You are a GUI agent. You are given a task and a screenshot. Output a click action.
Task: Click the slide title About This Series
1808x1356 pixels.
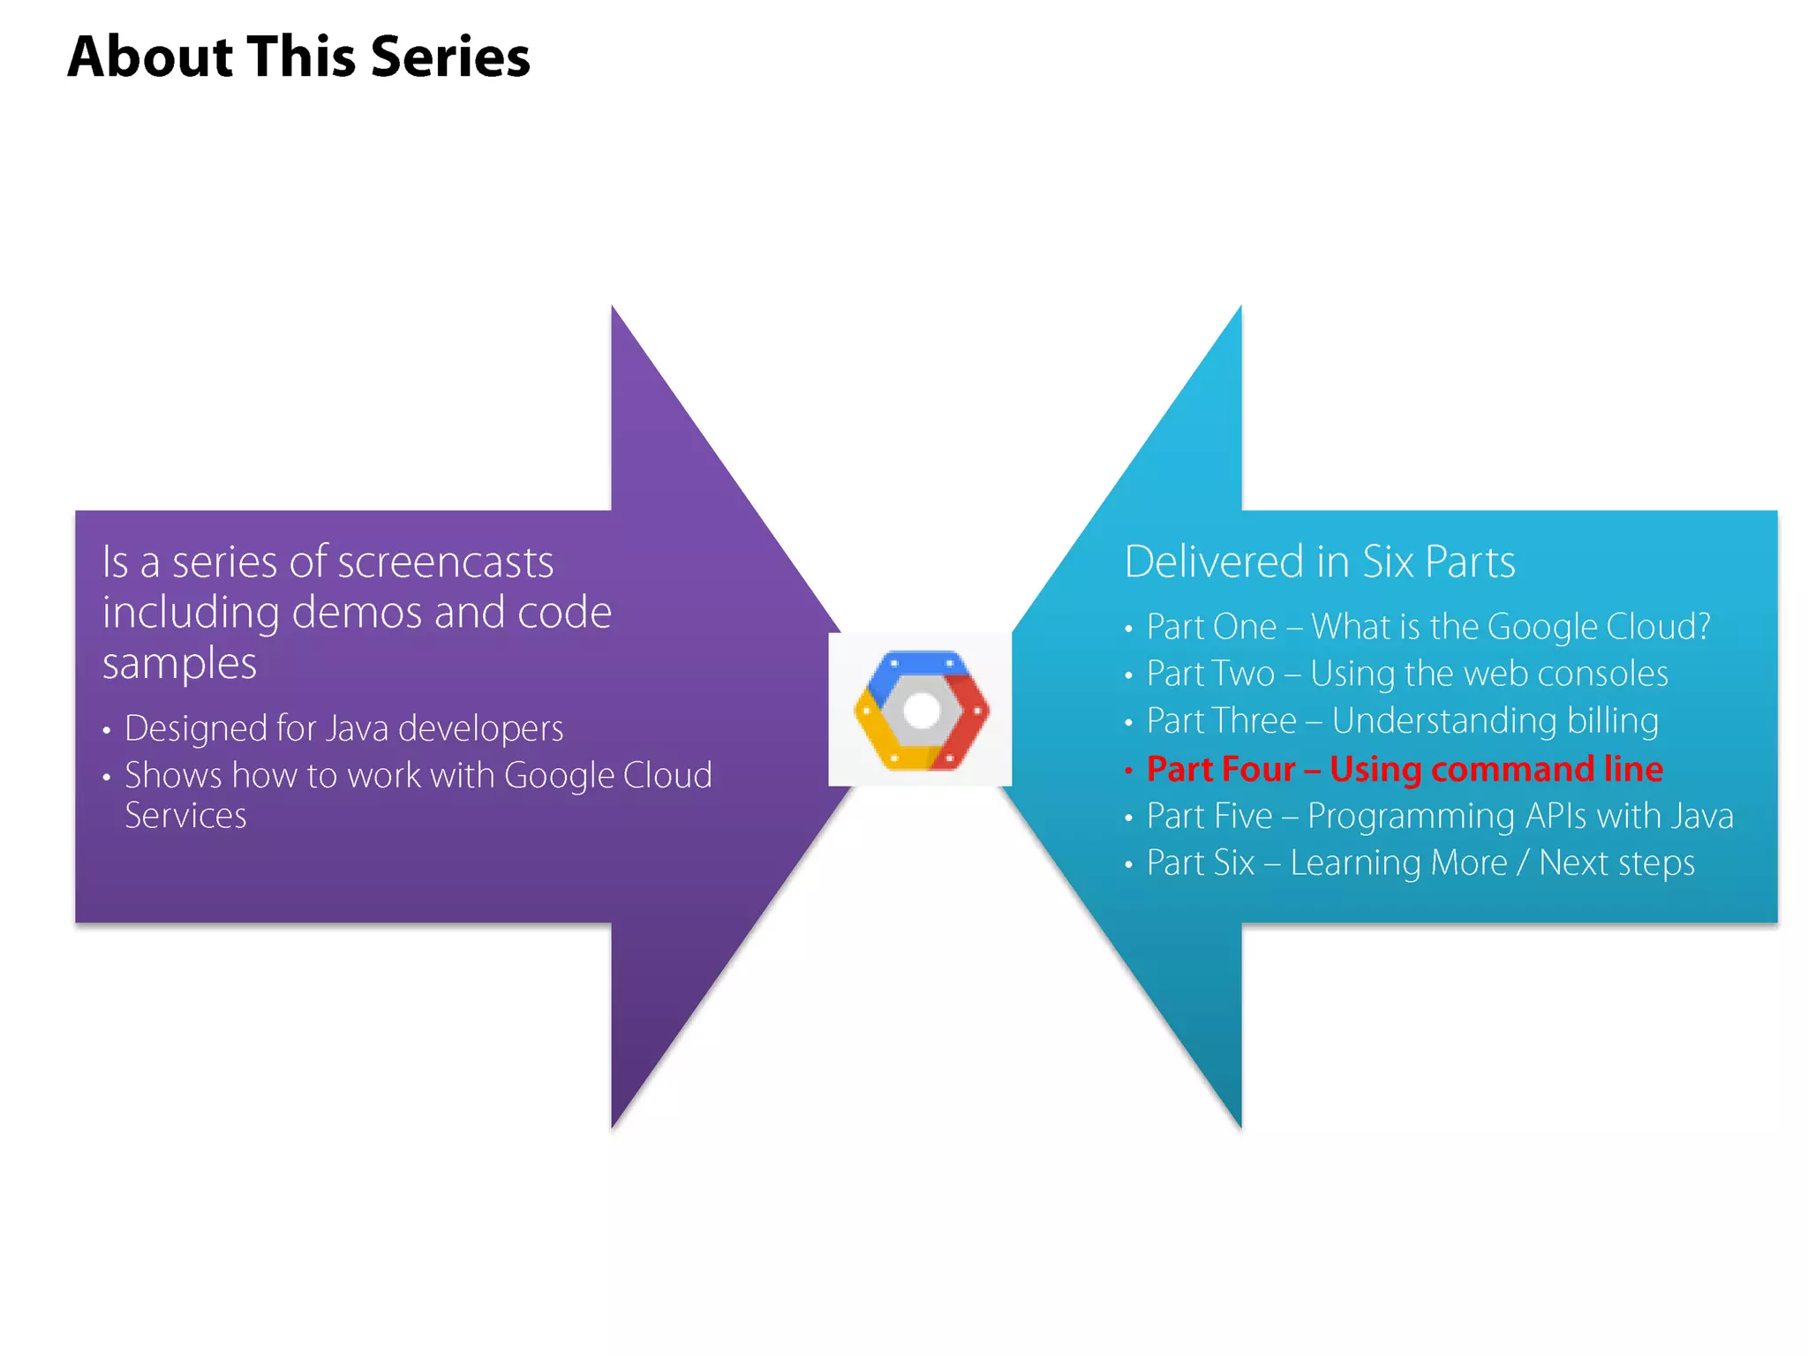point(298,56)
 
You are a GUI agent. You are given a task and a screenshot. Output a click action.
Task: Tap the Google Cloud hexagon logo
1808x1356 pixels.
point(921,710)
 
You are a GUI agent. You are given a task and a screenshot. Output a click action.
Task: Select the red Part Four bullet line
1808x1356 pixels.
point(1404,769)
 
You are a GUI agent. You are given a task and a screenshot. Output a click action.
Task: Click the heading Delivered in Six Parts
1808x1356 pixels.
point(1319,561)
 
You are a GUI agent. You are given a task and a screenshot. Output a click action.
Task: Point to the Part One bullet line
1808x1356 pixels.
point(1428,627)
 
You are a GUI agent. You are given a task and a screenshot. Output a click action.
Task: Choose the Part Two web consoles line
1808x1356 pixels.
point(1406,674)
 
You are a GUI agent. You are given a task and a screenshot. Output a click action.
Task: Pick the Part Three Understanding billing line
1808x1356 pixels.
point(1402,721)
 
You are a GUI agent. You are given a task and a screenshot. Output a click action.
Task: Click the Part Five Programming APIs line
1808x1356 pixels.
point(1439,816)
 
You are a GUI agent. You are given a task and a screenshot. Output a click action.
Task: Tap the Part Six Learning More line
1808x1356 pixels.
point(1420,863)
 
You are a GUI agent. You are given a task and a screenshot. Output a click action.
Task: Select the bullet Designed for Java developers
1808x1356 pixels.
point(343,728)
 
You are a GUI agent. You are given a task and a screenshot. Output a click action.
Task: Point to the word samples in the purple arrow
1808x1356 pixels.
point(179,664)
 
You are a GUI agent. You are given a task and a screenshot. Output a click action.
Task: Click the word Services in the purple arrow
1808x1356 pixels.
point(185,816)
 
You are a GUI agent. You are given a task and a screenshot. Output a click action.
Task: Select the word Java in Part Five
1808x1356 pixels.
point(1701,816)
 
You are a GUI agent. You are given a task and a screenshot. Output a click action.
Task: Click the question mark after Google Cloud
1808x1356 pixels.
point(1701,627)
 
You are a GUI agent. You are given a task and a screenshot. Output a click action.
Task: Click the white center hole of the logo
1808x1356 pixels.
point(922,711)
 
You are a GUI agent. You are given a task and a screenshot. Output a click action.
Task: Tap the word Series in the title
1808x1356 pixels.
point(450,56)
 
